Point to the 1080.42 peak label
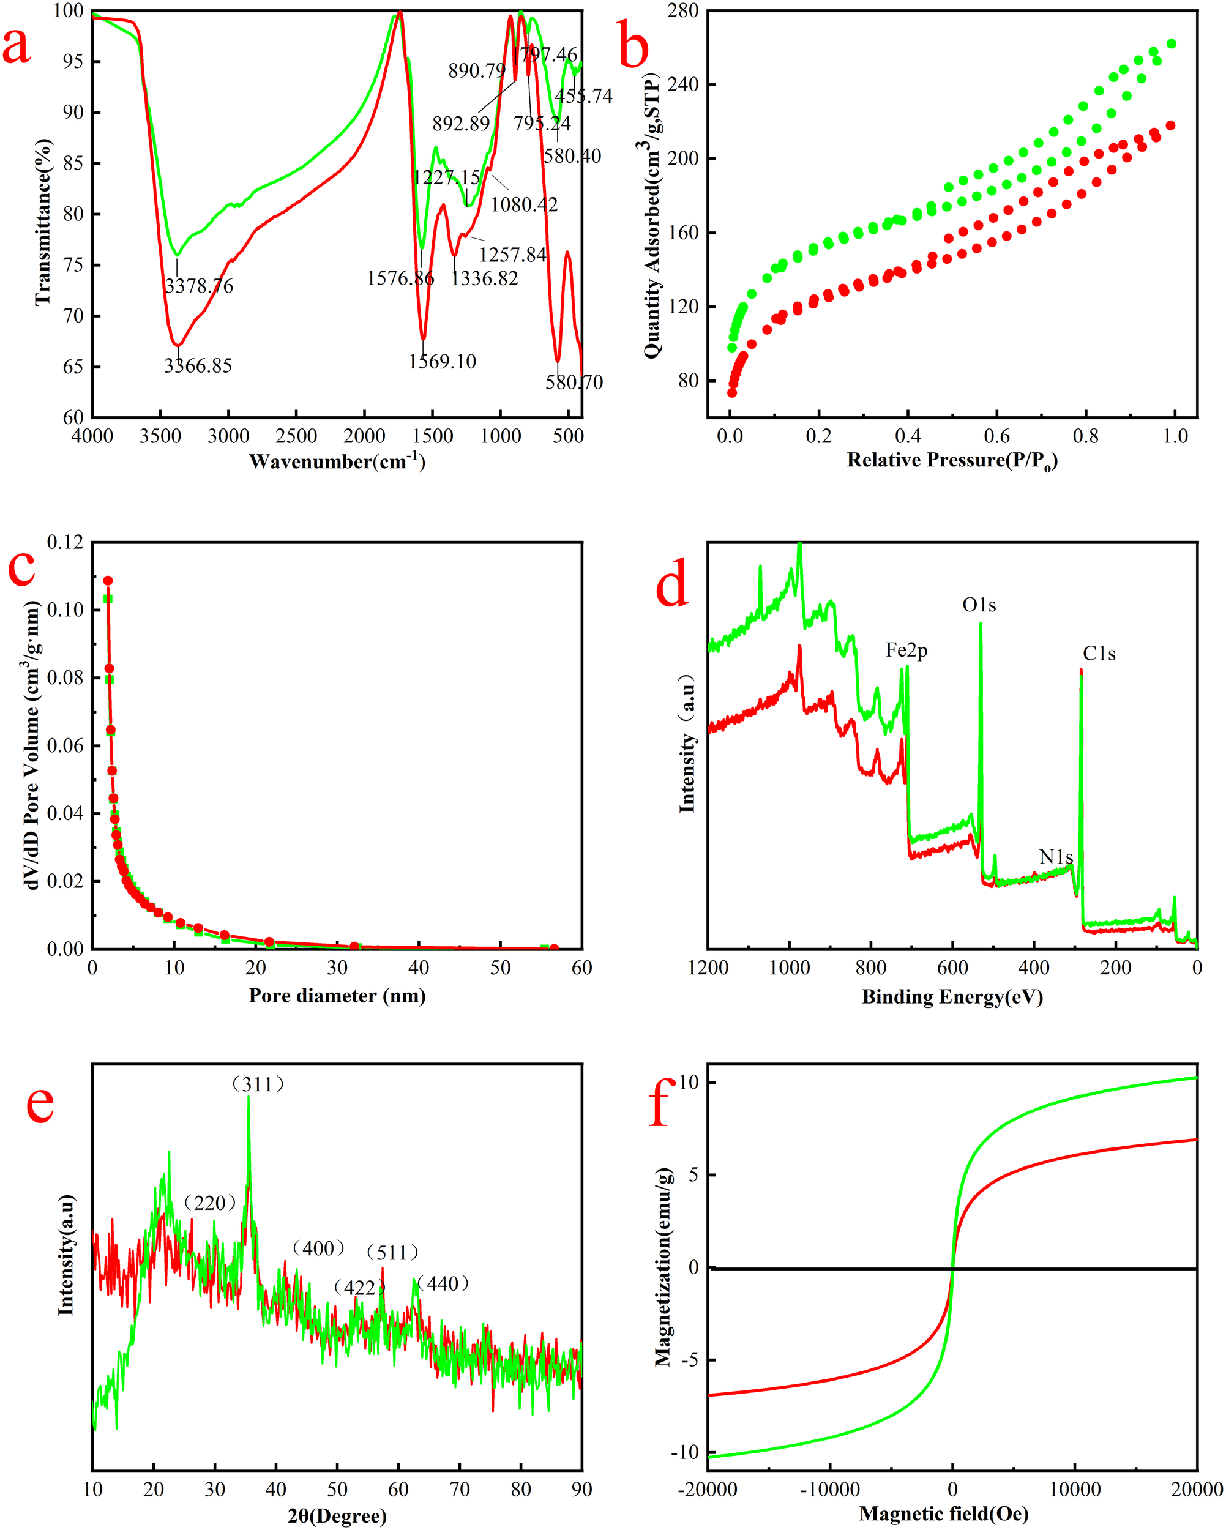[524, 205]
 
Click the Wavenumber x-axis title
[337, 462]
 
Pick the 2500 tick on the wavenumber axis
[296, 436]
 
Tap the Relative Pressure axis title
[952, 461]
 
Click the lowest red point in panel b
[732, 392]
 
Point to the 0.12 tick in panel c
[65, 543]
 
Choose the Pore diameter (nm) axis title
[337, 996]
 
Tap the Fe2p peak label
[906, 650]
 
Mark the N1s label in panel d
[1056, 857]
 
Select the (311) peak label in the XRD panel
[258, 1084]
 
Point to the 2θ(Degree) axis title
[337, 1517]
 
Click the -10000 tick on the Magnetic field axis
[830, 1490]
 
